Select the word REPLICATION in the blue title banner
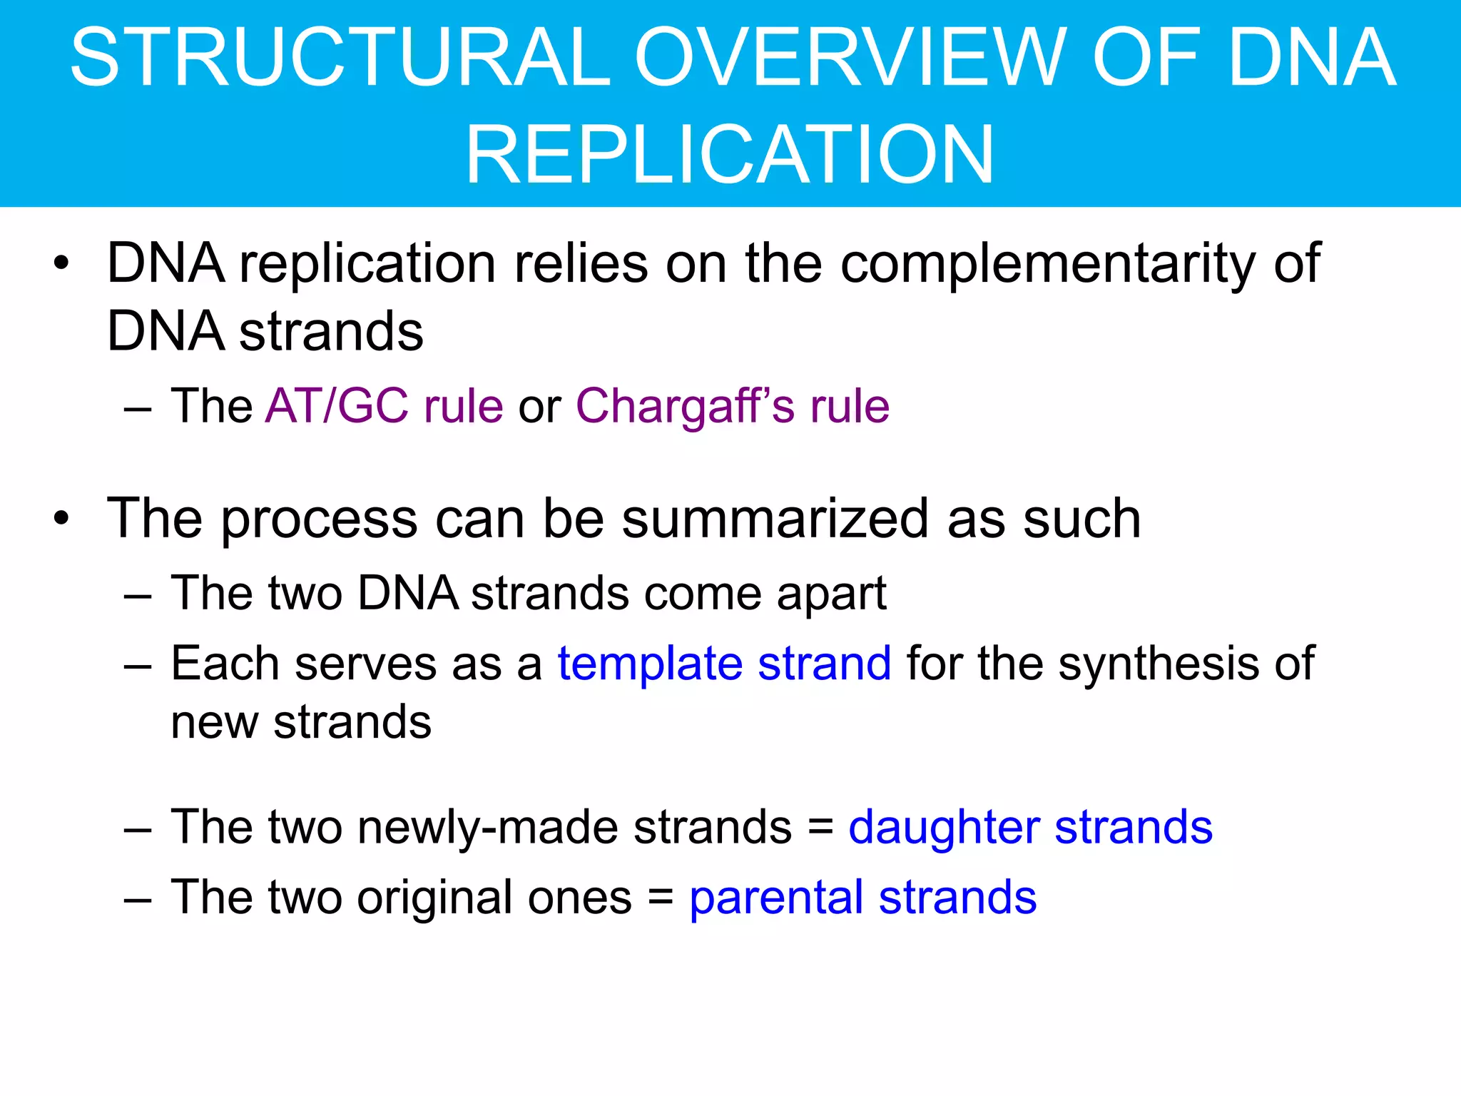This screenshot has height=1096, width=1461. [730, 154]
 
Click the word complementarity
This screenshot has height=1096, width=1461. [1047, 264]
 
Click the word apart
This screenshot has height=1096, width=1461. [831, 594]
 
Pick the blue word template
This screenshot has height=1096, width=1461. [649, 664]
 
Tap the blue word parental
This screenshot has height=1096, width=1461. [776, 898]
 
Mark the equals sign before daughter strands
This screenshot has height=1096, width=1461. [821, 828]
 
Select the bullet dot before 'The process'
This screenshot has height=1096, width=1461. [62, 519]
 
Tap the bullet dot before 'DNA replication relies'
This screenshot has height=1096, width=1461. [62, 263]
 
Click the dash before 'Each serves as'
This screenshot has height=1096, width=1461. [138, 665]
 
